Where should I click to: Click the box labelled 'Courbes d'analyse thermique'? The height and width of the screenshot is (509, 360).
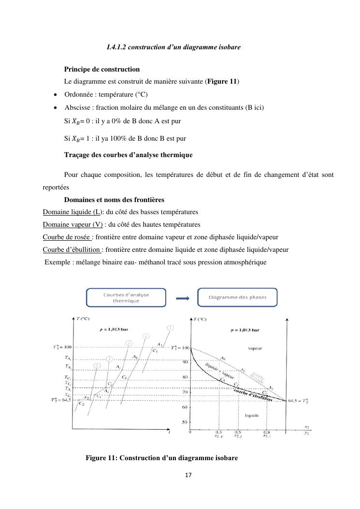126,297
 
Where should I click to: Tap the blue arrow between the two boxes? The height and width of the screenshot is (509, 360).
182,298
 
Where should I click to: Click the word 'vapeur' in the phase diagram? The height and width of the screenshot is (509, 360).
254,348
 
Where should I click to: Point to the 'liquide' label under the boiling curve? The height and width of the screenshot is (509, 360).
252,415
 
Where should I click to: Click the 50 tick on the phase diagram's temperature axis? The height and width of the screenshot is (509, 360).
184,422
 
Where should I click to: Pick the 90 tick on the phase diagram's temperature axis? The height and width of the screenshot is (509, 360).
184,362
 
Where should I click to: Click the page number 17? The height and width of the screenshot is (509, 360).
188,475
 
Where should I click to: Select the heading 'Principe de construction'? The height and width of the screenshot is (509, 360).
102,69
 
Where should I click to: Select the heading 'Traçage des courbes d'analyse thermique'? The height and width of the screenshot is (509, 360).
128,155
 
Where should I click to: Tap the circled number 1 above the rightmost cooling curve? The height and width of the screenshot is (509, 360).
170,328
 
